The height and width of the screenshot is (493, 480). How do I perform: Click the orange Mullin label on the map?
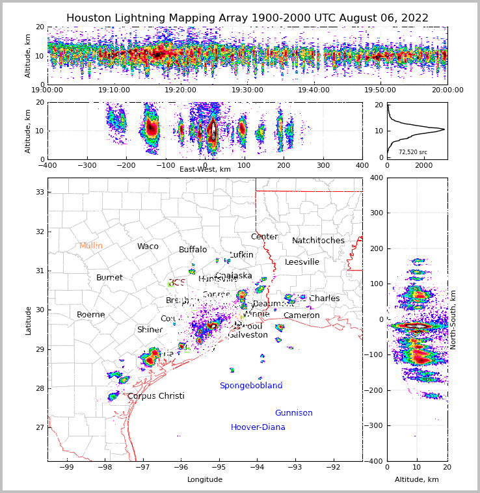pos(91,246)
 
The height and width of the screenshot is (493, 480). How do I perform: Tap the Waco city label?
pos(148,246)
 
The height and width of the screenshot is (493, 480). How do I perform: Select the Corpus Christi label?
pos(156,396)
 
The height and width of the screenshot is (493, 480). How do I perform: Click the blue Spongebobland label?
pos(251,386)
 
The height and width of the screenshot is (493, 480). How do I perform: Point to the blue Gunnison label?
pos(293,413)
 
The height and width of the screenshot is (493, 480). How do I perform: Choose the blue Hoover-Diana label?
pos(258,427)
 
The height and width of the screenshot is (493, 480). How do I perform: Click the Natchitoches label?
pos(318,241)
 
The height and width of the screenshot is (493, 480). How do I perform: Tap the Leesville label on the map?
pos(302,262)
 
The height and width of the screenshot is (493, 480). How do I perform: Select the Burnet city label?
pos(109,278)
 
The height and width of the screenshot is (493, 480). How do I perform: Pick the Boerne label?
pos(90,315)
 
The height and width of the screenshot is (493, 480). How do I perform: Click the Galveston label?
pos(248,335)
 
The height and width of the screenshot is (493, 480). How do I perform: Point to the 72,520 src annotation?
pos(413,152)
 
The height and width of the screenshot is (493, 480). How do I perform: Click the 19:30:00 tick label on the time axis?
pos(248,90)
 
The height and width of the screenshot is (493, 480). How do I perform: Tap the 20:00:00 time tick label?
pos(447,90)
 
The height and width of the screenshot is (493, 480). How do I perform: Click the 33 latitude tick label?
pos(40,192)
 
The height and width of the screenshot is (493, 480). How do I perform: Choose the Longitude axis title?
pos(205,480)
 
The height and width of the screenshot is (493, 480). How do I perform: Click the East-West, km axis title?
pos(205,169)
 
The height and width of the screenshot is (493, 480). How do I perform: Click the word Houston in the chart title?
pos(89,18)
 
